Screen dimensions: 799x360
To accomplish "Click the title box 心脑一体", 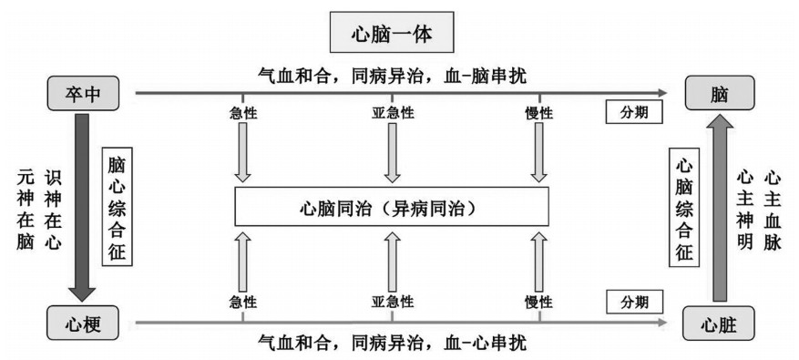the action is pyautogui.click(x=392, y=32).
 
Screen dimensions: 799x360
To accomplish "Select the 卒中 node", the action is pyautogui.click(x=83, y=93).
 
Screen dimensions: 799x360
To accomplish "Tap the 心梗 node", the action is pyautogui.click(x=83, y=323).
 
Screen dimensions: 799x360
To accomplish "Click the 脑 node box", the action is pyautogui.click(x=719, y=93).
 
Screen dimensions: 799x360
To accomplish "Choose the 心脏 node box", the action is pyautogui.click(x=719, y=324).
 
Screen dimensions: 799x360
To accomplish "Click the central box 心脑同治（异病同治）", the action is pyautogui.click(x=392, y=207).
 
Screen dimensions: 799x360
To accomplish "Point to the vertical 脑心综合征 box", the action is pyautogui.click(x=118, y=207).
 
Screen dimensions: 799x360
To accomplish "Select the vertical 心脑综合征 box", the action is pyautogui.click(x=684, y=207).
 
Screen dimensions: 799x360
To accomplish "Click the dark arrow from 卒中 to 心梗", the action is pyautogui.click(x=82, y=208).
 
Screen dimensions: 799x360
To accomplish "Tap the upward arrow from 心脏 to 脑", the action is pyautogui.click(x=720, y=208).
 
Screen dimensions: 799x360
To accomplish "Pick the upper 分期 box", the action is pyautogui.click(x=634, y=112).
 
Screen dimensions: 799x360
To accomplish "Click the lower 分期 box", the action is pyautogui.click(x=634, y=302).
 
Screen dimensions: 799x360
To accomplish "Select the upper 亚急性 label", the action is pyautogui.click(x=393, y=113).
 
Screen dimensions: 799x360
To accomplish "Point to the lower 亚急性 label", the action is pyautogui.click(x=393, y=302).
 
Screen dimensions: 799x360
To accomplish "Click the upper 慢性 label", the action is pyautogui.click(x=539, y=113).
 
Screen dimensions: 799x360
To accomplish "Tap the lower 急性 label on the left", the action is pyautogui.click(x=243, y=302).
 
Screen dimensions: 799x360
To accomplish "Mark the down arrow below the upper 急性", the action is pyautogui.click(x=243, y=152).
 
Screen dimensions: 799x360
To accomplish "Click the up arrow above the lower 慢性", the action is pyautogui.click(x=539, y=261).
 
